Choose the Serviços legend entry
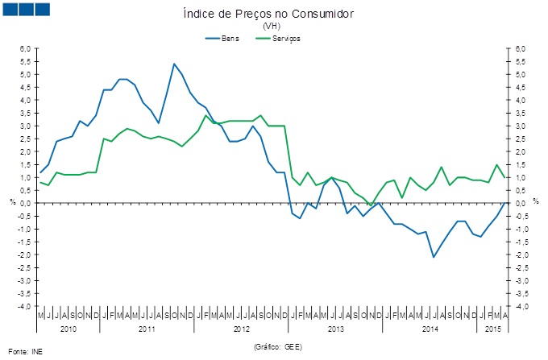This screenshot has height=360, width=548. point(286,38)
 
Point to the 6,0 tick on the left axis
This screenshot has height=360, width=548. point(26,49)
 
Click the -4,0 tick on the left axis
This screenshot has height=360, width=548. point(24,307)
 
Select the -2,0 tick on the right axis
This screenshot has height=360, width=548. point(521,255)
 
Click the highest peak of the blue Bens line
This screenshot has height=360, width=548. point(174,64)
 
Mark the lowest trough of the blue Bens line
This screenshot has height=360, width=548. point(434,257)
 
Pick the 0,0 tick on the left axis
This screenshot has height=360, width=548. point(26,204)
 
